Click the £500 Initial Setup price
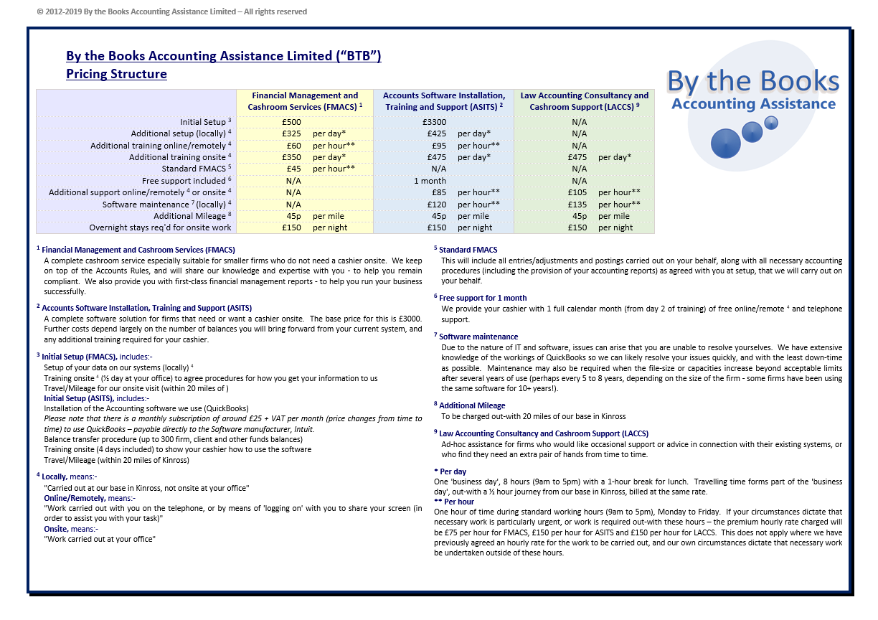click(x=291, y=122)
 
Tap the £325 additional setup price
click(x=291, y=133)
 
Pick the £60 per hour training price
click(x=293, y=146)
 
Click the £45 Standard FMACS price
click(x=293, y=169)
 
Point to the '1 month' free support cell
click(x=430, y=181)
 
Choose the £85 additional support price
click(x=437, y=192)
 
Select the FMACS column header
click(x=305, y=101)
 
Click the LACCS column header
click(x=584, y=101)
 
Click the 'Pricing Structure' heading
click(x=116, y=74)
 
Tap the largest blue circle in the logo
click(x=725, y=144)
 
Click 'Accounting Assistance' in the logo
click(x=753, y=104)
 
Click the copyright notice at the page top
click(x=171, y=11)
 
